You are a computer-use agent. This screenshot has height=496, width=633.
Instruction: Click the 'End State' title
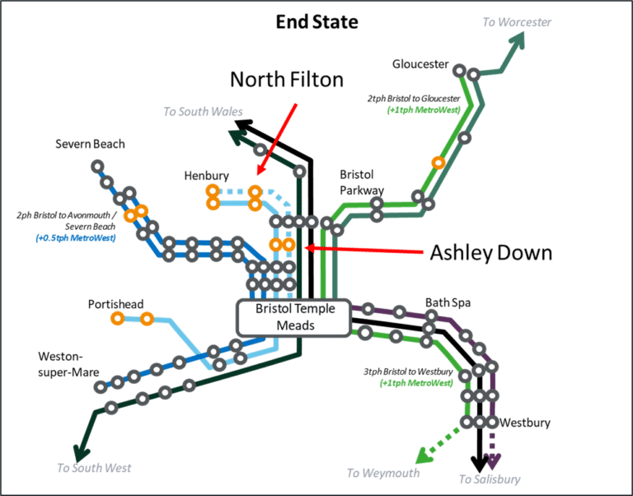click(x=316, y=21)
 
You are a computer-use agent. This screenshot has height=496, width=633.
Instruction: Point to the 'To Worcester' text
click(x=517, y=22)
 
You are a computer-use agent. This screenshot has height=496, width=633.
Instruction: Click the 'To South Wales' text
click(x=196, y=111)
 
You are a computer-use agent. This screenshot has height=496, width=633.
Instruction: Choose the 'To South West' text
click(x=93, y=468)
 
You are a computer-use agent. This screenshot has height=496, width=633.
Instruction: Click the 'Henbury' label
click(x=207, y=175)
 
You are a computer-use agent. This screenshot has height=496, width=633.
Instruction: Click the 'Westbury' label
click(x=524, y=423)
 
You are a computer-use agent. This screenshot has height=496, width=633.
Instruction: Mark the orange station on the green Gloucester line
click(x=439, y=162)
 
